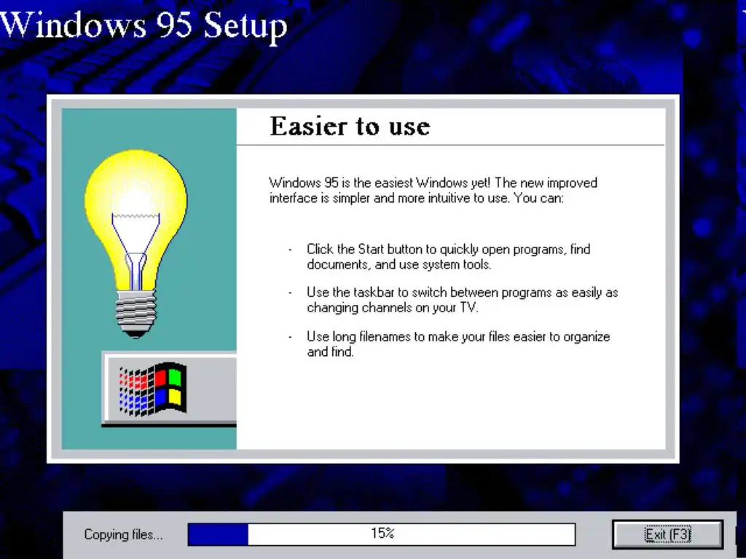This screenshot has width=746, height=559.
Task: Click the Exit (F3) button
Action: (667, 534)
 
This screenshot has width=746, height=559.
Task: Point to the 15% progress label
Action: (382, 534)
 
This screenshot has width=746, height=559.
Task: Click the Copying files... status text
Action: (123, 535)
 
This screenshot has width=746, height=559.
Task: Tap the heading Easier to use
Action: (350, 127)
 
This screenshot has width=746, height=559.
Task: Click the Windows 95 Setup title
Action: (144, 25)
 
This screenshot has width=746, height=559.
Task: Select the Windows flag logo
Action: (152, 389)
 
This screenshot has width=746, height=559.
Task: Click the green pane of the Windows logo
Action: (176, 376)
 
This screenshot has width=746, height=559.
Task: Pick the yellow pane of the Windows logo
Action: (176, 398)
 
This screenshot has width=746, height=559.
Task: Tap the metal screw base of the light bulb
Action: (136, 312)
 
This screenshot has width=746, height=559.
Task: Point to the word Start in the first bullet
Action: (371, 249)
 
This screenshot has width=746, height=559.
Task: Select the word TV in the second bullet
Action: (468, 308)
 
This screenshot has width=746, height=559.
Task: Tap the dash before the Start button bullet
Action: (290, 250)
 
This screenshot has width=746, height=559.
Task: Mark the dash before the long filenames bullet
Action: (290, 338)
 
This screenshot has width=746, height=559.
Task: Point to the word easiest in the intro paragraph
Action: (394, 183)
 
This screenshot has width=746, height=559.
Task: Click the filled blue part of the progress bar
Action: (218, 534)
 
